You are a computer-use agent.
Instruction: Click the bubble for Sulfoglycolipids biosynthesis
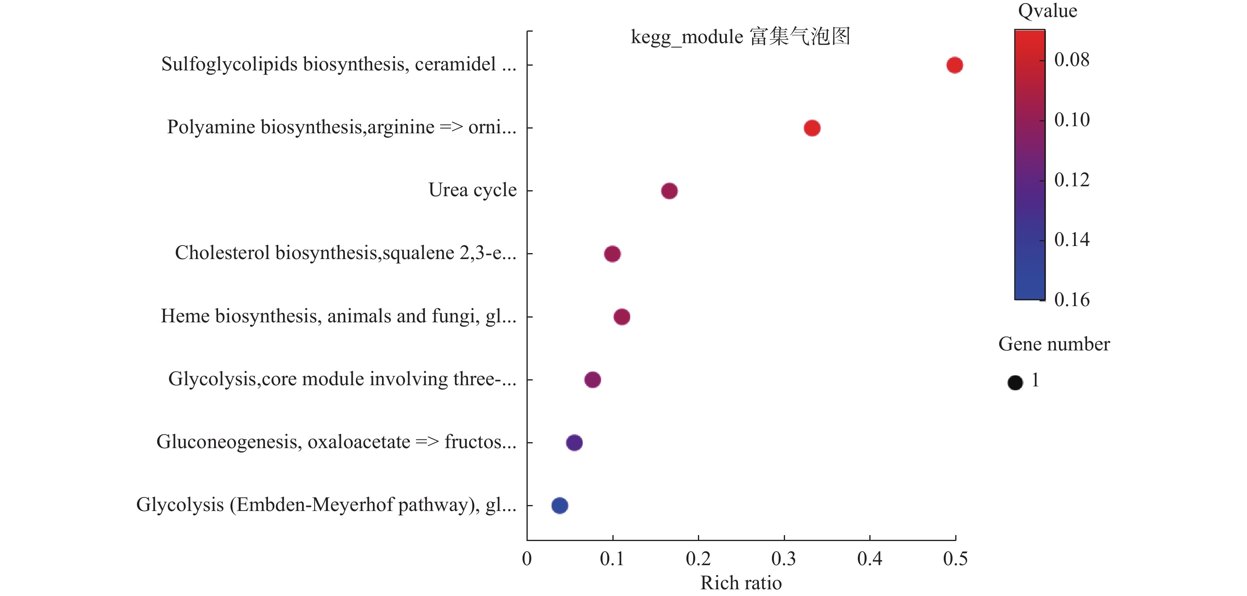pos(954,65)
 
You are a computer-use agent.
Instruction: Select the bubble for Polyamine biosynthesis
pos(812,128)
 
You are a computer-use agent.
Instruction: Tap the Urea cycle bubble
pos(669,191)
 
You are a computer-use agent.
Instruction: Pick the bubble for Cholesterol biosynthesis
pos(612,254)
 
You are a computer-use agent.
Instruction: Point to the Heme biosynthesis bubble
pos(622,317)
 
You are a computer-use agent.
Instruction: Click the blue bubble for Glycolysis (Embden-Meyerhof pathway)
pos(560,505)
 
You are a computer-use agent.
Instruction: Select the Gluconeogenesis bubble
pos(574,443)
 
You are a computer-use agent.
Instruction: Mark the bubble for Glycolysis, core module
pos(593,380)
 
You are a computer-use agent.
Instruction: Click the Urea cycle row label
pos(472,190)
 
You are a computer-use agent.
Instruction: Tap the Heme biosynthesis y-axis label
pos(338,316)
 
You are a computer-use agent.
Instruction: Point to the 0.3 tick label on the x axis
pos(784,559)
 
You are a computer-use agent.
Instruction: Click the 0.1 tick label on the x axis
pos(612,559)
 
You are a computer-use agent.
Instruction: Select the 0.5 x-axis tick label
pos(955,559)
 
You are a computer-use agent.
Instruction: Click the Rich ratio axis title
pos(741,583)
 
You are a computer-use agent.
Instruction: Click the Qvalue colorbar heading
pos(1047,11)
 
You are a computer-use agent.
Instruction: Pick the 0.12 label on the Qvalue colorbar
pos(1072,180)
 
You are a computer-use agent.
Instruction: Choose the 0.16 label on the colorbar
pos(1072,300)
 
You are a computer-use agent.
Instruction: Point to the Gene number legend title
pos(1054,344)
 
